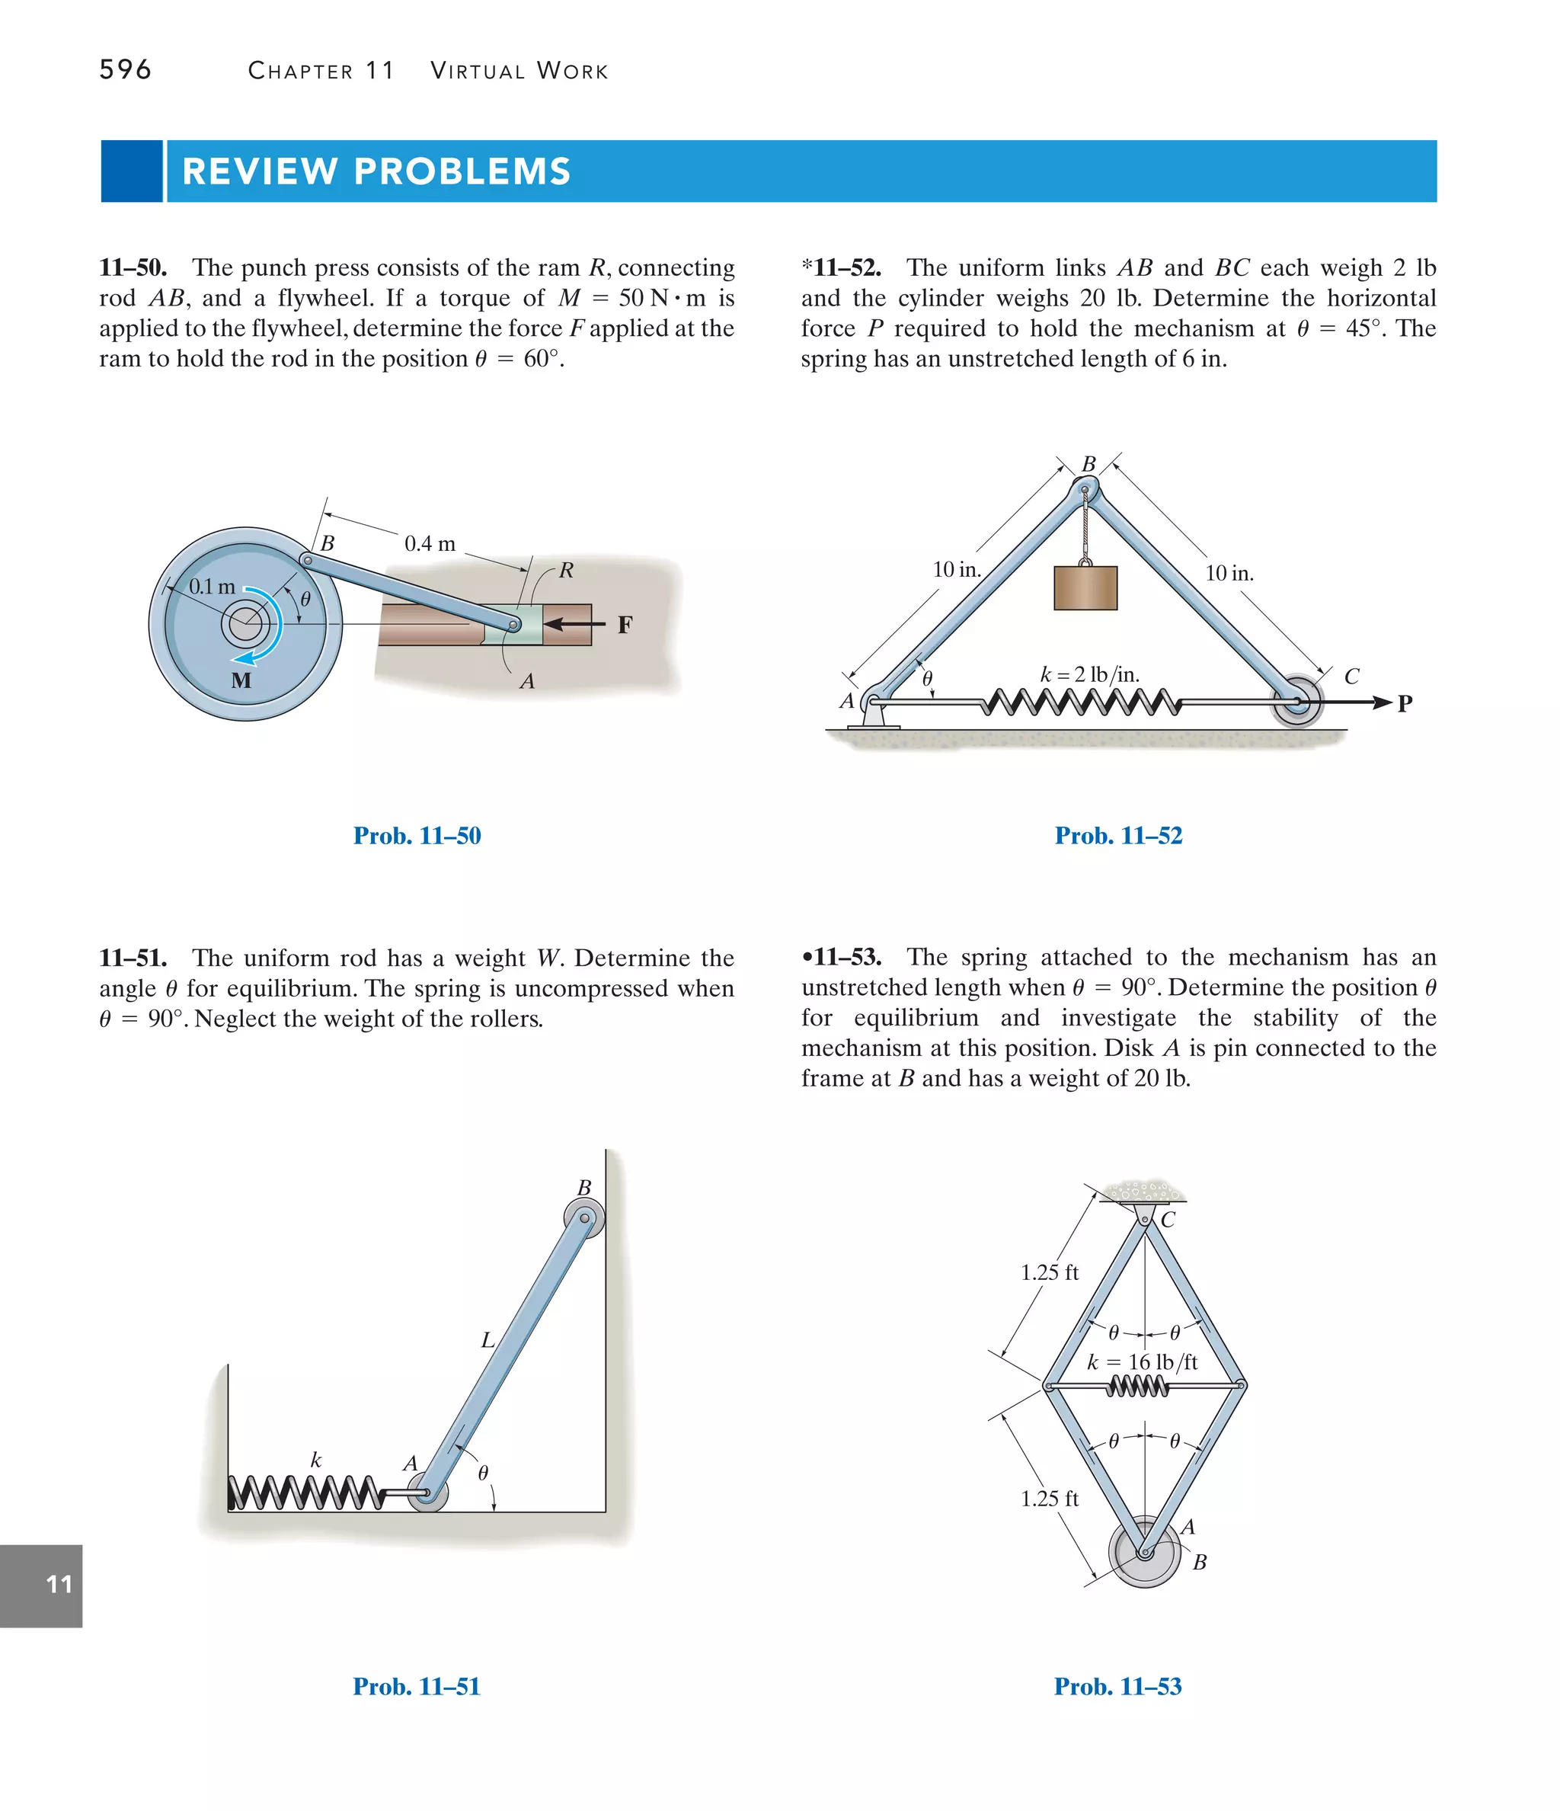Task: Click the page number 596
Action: pyautogui.click(x=125, y=70)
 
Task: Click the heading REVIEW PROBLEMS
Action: pyautogui.click(x=376, y=171)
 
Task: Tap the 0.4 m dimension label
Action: pyautogui.click(x=430, y=544)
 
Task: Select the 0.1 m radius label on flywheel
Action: pyautogui.click(x=212, y=587)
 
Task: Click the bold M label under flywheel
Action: pyautogui.click(x=241, y=680)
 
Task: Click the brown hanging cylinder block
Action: pyautogui.click(x=1085, y=587)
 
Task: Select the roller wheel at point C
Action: pyautogui.click(x=1296, y=700)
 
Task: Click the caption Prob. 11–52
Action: pyautogui.click(x=1117, y=836)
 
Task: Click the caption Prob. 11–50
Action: pyautogui.click(x=417, y=836)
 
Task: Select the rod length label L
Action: pyautogui.click(x=487, y=1340)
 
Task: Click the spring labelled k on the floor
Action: pyautogui.click(x=304, y=1493)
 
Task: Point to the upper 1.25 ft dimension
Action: pyautogui.click(x=1049, y=1272)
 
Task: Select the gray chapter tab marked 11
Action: pyautogui.click(x=41, y=1585)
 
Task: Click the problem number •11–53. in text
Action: pyautogui.click(x=842, y=957)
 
